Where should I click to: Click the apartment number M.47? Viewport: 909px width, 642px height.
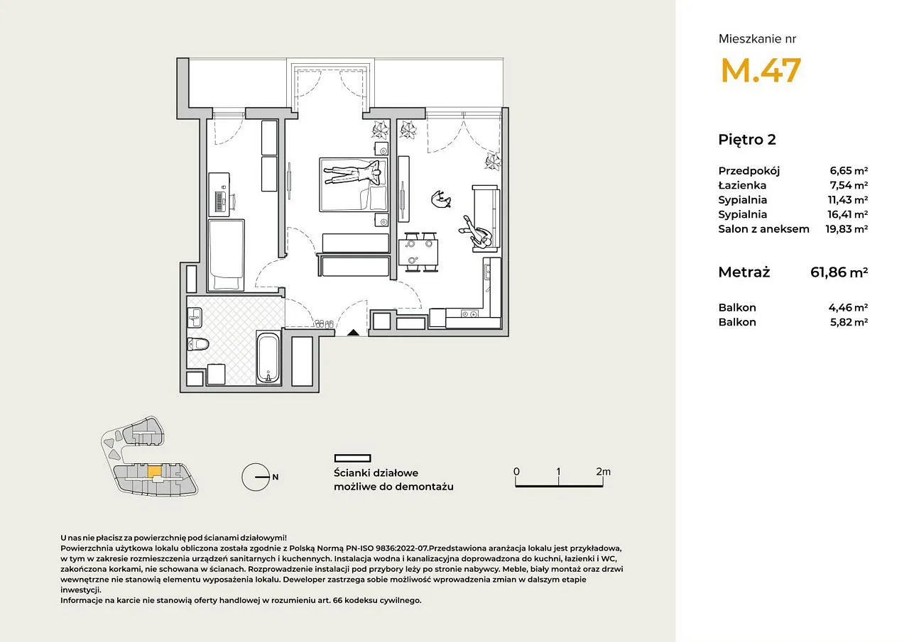click(x=761, y=70)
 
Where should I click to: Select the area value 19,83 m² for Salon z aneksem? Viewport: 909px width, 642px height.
click(x=847, y=229)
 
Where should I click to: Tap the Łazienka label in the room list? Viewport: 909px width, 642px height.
click(x=742, y=186)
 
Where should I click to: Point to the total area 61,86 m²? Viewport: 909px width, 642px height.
click(x=839, y=272)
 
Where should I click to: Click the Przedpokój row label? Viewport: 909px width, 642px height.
click(x=749, y=171)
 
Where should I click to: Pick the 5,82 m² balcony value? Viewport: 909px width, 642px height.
click(x=848, y=322)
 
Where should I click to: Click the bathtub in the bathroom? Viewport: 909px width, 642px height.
click(x=268, y=358)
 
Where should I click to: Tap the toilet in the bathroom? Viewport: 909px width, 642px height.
click(x=198, y=345)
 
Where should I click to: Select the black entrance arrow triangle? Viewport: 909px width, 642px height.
click(x=353, y=332)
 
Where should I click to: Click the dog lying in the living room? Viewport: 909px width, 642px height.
click(x=441, y=200)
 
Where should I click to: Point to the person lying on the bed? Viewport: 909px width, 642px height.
click(x=352, y=172)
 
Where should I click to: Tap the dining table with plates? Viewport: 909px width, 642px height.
click(x=418, y=252)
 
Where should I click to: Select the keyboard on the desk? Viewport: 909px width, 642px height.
click(x=219, y=201)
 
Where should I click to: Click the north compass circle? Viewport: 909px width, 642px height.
click(x=256, y=477)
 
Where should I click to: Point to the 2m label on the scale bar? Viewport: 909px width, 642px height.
click(x=603, y=471)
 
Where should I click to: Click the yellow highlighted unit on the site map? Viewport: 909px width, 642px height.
click(x=154, y=471)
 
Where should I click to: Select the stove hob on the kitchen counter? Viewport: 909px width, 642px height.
click(x=469, y=314)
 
